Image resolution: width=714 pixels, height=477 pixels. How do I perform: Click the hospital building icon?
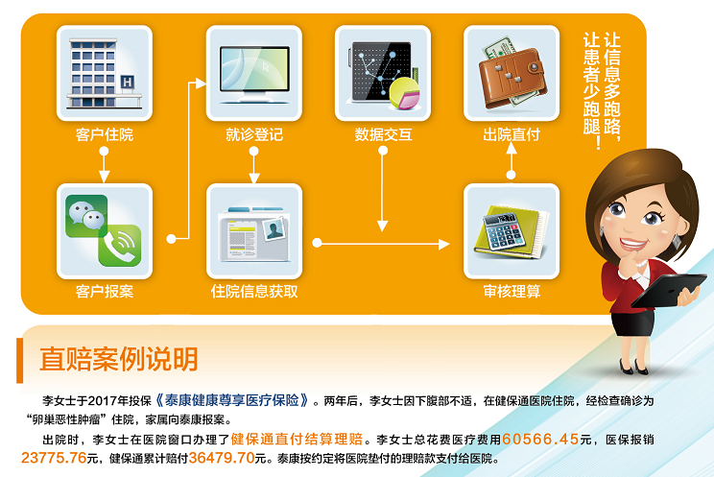coord(105,73)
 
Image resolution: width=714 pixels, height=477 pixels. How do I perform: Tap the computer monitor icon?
coord(254,74)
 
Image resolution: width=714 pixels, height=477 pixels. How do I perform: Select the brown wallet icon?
coord(512,74)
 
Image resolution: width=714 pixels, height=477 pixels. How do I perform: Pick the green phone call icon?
coord(120,246)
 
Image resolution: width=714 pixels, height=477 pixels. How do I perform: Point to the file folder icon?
coord(254,234)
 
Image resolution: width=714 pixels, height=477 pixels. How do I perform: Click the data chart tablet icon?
coord(384,74)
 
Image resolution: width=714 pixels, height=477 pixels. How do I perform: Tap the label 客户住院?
coord(105,134)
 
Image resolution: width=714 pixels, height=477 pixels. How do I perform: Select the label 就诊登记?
coord(254,134)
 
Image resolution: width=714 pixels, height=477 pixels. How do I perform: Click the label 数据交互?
coord(384,134)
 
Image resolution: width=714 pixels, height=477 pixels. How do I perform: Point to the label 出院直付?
coord(512,134)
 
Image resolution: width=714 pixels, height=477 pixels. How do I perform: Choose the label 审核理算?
coord(512,291)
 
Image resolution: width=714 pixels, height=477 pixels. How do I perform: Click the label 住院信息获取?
coord(254,291)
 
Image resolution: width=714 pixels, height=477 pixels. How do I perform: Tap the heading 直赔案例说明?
coord(118,359)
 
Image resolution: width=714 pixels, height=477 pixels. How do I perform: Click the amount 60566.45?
coord(540,440)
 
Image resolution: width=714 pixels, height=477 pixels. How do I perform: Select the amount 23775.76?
coord(54,458)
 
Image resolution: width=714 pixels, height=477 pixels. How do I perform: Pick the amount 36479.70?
coord(222,458)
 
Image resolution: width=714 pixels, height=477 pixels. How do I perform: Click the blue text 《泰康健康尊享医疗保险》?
coord(232,400)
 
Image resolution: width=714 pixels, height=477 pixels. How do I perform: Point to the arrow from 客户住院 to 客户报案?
coord(105,165)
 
